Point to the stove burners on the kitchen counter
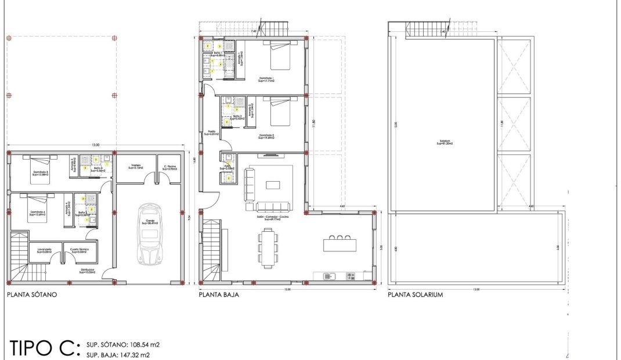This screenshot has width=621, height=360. point(350,275)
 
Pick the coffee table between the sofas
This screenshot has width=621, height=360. point(273,185)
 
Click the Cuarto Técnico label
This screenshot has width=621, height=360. point(78,251)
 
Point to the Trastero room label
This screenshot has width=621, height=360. point(137,166)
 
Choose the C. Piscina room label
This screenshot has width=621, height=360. point(169,166)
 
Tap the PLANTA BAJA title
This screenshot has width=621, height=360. point(219,295)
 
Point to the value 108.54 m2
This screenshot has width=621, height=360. point(139,344)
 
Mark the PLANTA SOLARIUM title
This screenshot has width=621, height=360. point(415,295)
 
